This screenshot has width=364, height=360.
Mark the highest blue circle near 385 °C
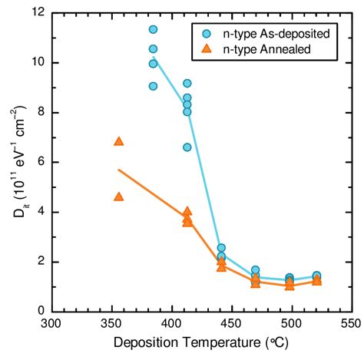[x=154, y=29]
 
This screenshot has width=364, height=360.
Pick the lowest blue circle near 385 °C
[x=154, y=86]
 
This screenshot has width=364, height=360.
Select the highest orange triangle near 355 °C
[x=119, y=141]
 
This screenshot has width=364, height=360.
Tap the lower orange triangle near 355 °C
[x=119, y=197]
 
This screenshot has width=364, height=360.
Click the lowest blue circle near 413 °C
[x=187, y=147]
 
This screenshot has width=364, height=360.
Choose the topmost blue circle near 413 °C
[x=187, y=83]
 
